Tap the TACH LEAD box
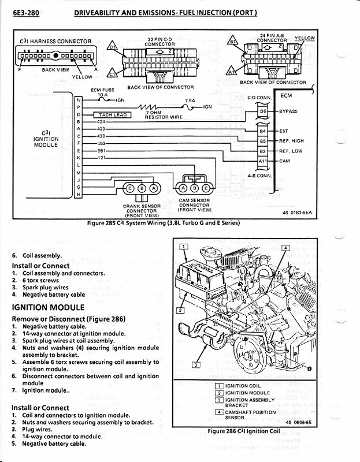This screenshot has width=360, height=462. point(112,115)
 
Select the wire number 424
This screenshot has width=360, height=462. point(102,122)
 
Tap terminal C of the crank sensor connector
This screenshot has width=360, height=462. point(131,188)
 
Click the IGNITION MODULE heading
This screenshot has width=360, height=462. point(49,307)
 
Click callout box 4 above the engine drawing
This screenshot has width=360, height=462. point(285,247)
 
